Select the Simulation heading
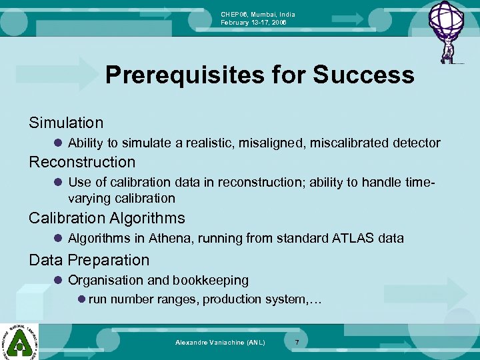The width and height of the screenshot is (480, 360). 66,123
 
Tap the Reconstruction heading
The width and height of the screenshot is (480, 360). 82,162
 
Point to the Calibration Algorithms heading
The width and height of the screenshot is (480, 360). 107,218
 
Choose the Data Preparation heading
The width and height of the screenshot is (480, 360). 89,260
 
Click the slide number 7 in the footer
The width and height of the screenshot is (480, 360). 297,342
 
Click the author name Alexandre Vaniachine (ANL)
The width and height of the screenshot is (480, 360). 220,342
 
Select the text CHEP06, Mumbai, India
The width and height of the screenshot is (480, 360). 258,15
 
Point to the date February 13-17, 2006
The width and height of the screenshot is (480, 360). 254,23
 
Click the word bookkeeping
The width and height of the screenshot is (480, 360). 211,280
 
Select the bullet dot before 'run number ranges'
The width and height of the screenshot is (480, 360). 81,299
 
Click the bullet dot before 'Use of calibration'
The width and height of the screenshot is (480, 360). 59,182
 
